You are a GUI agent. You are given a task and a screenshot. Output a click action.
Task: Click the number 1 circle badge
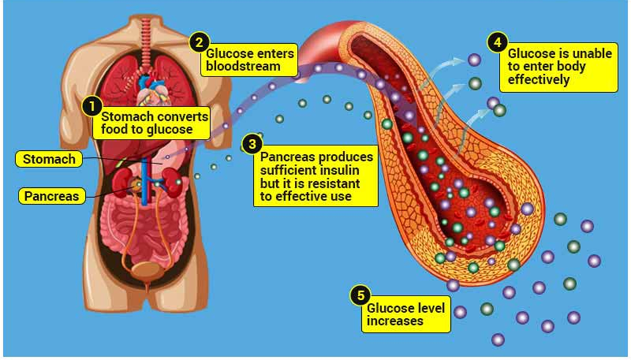tap(92, 106)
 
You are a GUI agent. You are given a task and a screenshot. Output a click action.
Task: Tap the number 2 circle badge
tap(199, 43)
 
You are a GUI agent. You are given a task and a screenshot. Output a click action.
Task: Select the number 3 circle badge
tap(252, 143)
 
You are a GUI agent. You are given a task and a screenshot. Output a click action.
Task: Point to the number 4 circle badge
tap(497, 43)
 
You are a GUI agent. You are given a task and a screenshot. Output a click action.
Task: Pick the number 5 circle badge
tap(361, 296)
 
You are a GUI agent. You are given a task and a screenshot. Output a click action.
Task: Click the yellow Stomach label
tap(49, 159)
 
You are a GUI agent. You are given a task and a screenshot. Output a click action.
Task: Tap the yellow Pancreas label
tap(52, 196)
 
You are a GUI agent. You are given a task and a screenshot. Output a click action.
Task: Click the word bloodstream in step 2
tap(242, 66)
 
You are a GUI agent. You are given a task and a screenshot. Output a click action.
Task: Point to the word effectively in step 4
tap(539, 80)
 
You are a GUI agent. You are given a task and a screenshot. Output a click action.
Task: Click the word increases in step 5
tap(395, 321)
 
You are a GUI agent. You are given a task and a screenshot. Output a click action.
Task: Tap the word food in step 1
tap(114, 129)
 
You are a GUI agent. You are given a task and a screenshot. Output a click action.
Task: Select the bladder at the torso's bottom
tap(146, 270)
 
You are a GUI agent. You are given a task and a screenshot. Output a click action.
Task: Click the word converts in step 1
tap(181, 117)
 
